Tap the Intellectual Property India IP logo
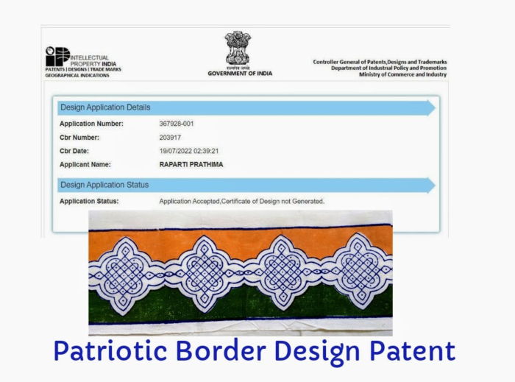click(x=57, y=56)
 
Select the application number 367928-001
click(x=177, y=124)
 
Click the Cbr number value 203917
click(x=170, y=138)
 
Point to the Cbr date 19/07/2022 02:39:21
click(x=189, y=151)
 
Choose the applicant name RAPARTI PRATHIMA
click(x=191, y=165)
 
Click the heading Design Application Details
click(x=105, y=107)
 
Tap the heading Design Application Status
click(x=104, y=185)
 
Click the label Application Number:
click(x=91, y=124)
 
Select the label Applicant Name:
click(x=85, y=165)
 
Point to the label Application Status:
click(x=89, y=201)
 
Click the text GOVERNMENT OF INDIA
click(x=240, y=74)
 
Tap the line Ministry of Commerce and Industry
click(x=402, y=74)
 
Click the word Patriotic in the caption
click(x=110, y=351)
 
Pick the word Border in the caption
click(x=221, y=351)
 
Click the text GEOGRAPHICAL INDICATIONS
click(x=77, y=76)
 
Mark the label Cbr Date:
click(x=74, y=151)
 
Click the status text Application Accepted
click(x=190, y=201)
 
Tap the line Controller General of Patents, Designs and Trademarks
click(x=380, y=62)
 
